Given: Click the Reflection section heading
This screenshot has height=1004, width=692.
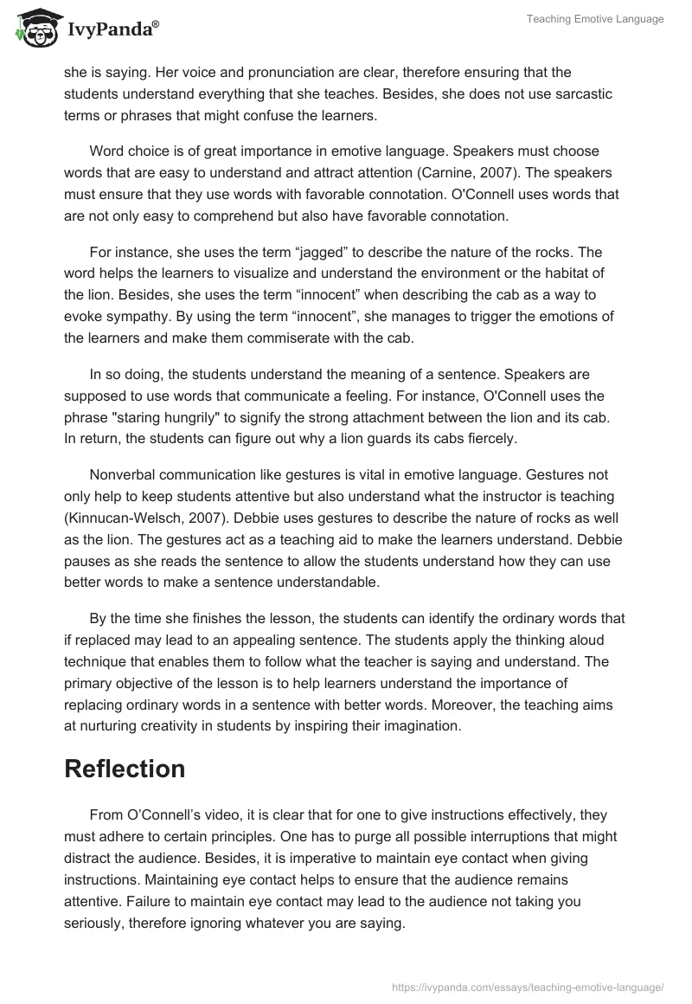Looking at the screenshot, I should (x=125, y=769).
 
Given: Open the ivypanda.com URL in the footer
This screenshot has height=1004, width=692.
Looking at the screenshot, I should (x=528, y=986).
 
